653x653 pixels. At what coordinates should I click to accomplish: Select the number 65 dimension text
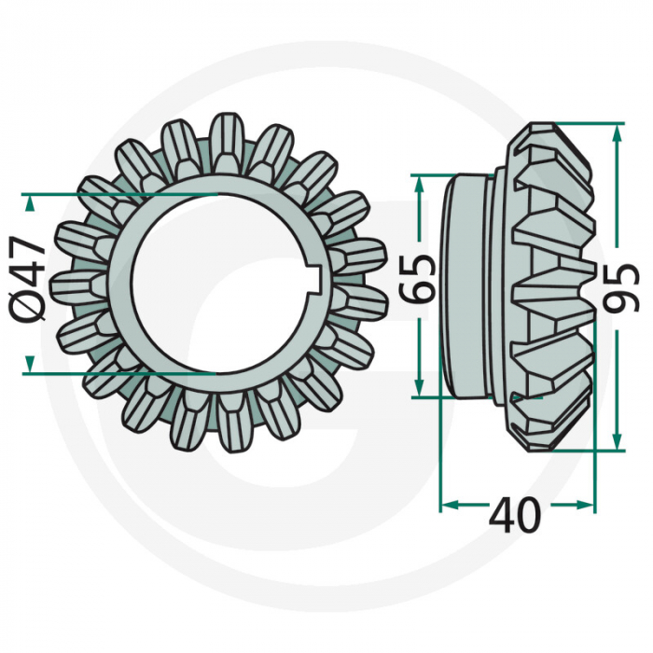(423, 278)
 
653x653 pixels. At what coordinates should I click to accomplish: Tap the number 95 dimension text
(629, 287)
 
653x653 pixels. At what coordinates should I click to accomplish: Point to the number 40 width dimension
(516, 514)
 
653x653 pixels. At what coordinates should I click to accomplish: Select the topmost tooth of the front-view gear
(227, 140)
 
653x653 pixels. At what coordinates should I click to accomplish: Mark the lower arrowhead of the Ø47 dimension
(33, 364)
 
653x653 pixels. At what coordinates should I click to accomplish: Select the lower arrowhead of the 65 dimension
(422, 388)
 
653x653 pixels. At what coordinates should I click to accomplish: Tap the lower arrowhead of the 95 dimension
(616, 441)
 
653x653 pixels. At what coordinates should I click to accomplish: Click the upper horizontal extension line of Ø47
(121, 193)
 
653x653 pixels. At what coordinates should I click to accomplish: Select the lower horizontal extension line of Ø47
(121, 371)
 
